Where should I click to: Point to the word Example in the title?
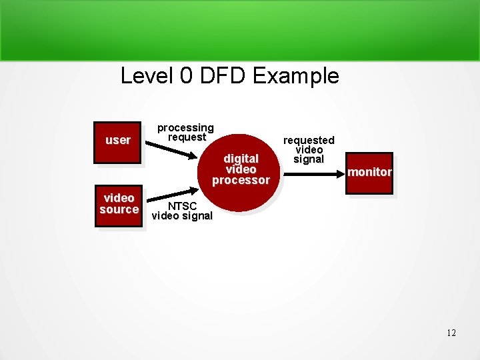pyautogui.click(x=296, y=76)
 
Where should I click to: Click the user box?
pyautogui.click(x=118, y=142)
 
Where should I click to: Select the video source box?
pyautogui.click(x=119, y=205)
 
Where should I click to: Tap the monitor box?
pyautogui.click(x=370, y=173)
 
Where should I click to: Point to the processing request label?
pyautogui.click(x=185, y=132)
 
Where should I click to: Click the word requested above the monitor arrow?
pyautogui.click(x=309, y=140)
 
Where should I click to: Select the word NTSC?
pyautogui.click(x=182, y=206)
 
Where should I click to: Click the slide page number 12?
pyautogui.click(x=451, y=333)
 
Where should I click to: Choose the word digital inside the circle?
pyautogui.click(x=241, y=159)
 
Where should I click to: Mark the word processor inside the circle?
pyautogui.click(x=241, y=180)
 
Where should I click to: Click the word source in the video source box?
pyautogui.click(x=119, y=210)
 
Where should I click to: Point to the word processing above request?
pyautogui.click(x=185, y=127)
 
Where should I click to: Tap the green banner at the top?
pyautogui.click(x=240, y=30)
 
